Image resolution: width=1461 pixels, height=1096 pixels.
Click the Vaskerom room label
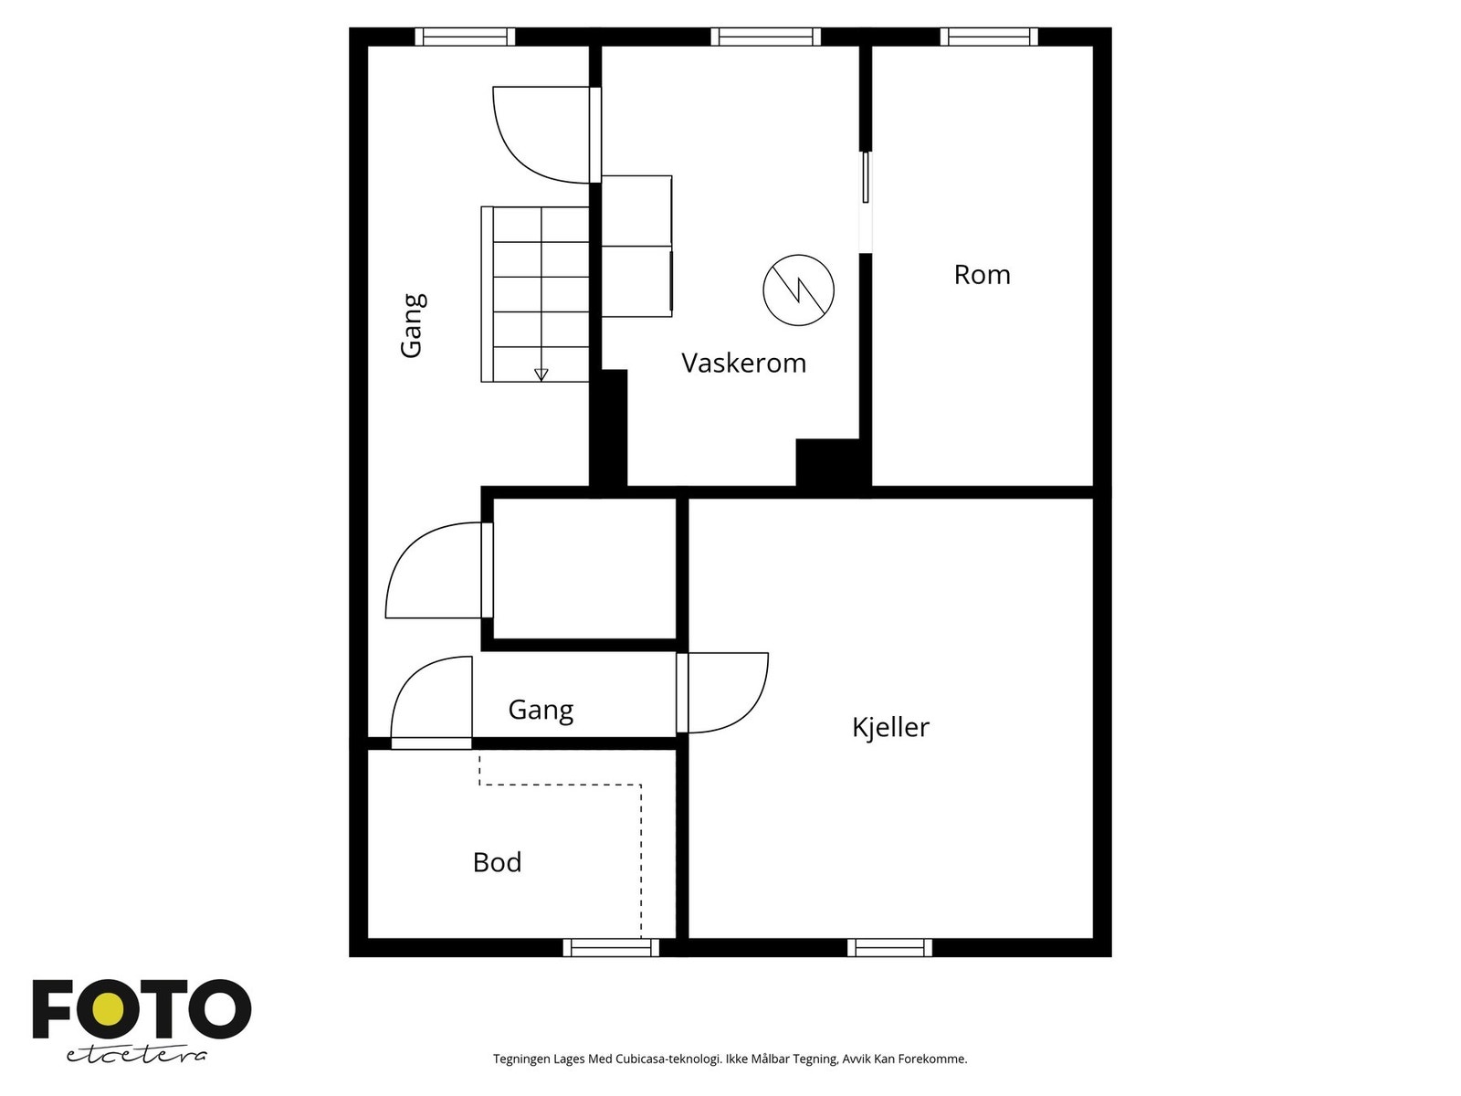pyautogui.click(x=743, y=363)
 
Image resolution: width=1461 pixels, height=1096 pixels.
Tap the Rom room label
pyautogui.click(x=982, y=275)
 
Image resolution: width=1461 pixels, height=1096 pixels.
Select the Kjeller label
pyautogui.click(x=890, y=727)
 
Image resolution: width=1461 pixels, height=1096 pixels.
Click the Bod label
pyautogui.click(x=497, y=862)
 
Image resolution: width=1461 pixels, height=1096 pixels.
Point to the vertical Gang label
pyautogui.click(x=413, y=325)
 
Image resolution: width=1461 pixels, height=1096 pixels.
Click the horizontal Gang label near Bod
pyautogui.click(x=541, y=710)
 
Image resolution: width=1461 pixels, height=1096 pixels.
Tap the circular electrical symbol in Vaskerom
pyautogui.click(x=799, y=290)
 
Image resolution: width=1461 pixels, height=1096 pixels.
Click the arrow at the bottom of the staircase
pyautogui.click(x=541, y=374)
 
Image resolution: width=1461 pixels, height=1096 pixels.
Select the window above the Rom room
pyautogui.click(x=989, y=37)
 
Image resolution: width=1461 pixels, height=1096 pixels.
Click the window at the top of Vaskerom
pyautogui.click(x=765, y=37)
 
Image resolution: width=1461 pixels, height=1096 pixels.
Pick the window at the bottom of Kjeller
pyautogui.click(x=889, y=948)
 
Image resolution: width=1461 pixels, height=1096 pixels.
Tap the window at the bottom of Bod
pyautogui.click(x=611, y=948)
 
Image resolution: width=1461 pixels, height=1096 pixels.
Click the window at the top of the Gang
pyautogui.click(x=465, y=37)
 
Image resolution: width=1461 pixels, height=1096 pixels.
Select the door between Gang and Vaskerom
pyautogui.click(x=543, y=135)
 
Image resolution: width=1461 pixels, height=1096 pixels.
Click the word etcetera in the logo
pyautogui.click(x=137, y=1054)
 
